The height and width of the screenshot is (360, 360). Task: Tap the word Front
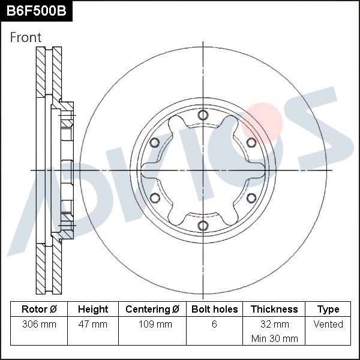click(x=26, y=38)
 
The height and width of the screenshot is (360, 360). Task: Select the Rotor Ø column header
click(x=39, y=310)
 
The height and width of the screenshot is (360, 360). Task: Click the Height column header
click(x=93, y=310)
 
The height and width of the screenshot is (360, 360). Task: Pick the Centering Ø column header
click(x=152, y=310)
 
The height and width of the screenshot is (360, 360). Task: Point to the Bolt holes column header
click(x=214, y=310)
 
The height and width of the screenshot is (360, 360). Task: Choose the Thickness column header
click(x=274, y=310)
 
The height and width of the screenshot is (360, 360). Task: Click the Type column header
click(x=328, y=310)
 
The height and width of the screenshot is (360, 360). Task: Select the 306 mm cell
click(x=39, y=325)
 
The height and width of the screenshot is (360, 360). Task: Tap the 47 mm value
click(x=93, y=325)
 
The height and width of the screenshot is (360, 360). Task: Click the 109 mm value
click(x=152, y=325)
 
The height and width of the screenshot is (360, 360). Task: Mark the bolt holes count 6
click(x=214, y=325)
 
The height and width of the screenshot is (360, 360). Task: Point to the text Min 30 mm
click(x=274, y=339)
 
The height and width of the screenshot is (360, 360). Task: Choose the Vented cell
click(x=328, y=325)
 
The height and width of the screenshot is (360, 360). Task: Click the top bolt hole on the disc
click(x=203, y=115)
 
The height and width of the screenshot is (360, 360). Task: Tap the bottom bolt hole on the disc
click(x=203, y=226)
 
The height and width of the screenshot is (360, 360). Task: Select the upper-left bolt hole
click(x=154, y=142)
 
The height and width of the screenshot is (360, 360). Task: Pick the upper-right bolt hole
click(x=251, y=142)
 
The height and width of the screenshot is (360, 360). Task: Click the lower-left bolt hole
click(x=154, y=198)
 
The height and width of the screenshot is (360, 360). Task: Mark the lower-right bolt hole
click(x=251, y=198)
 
